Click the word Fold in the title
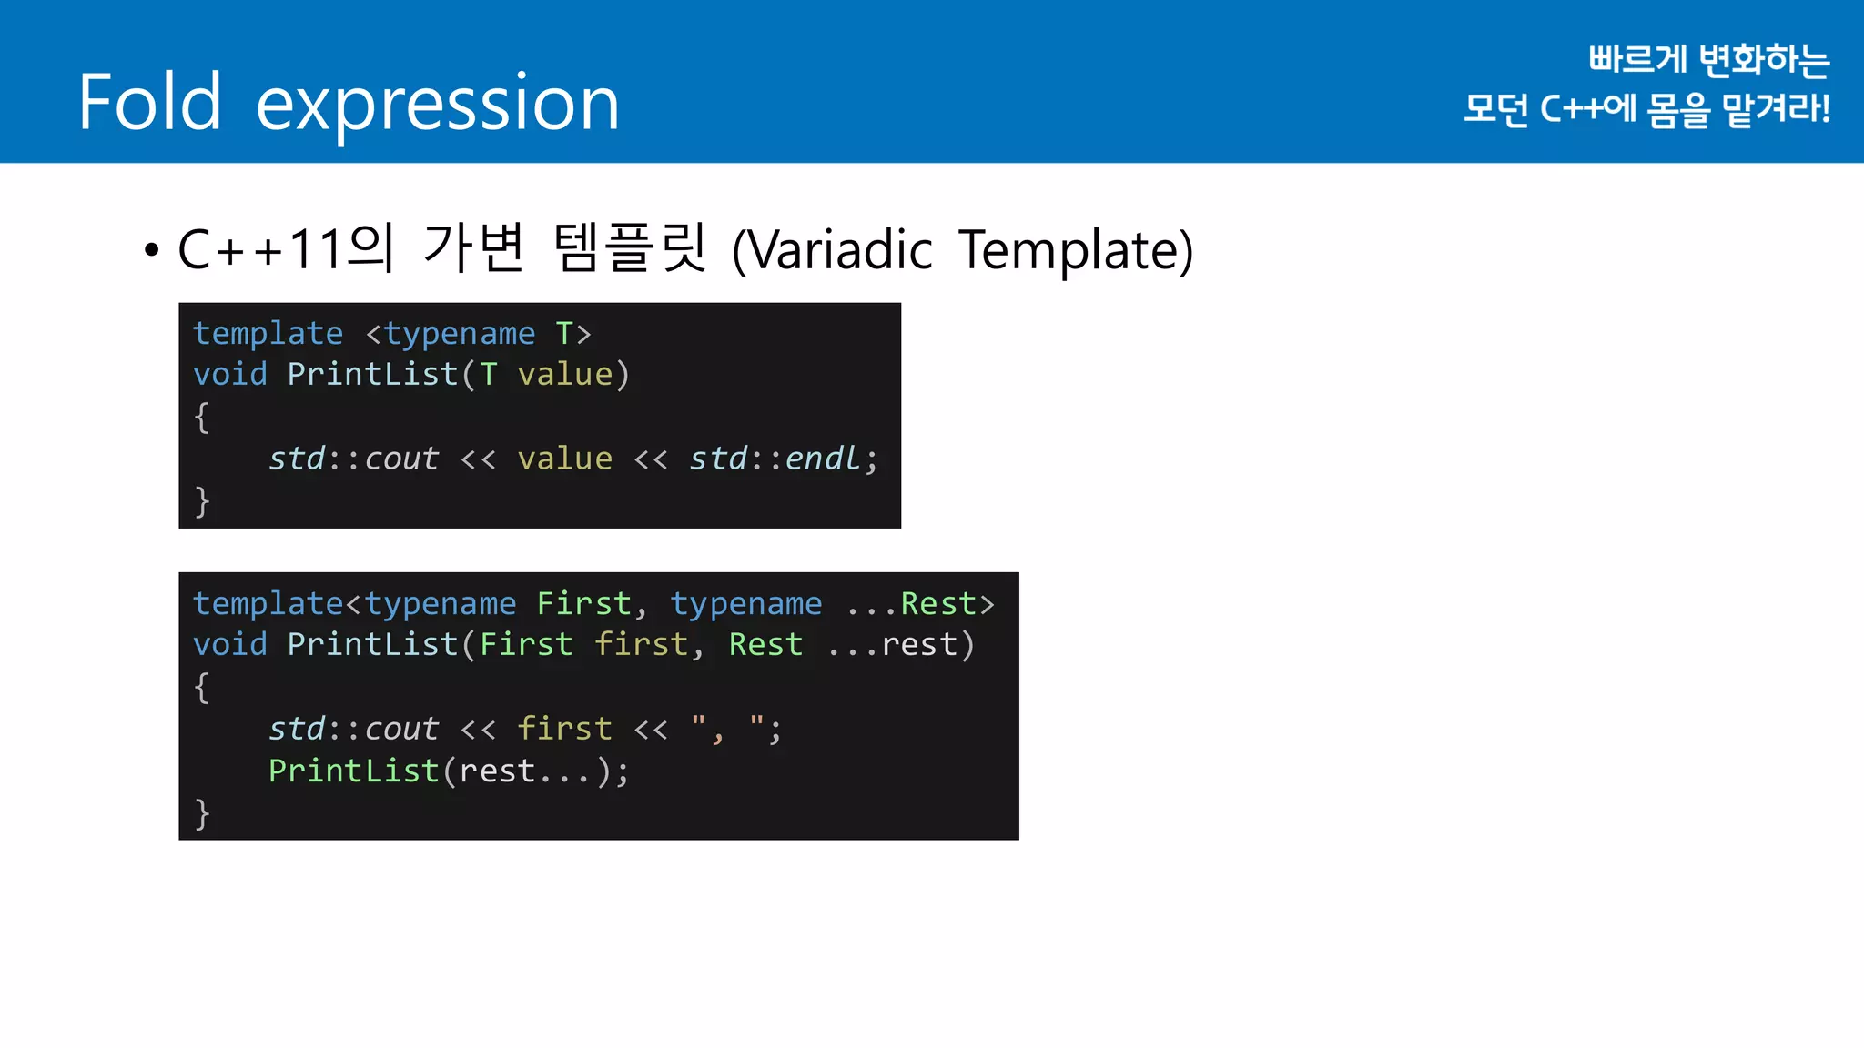(x=150, y=102)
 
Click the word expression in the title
(x=438, y=104)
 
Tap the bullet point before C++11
(x=152, y=249)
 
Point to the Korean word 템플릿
(x=629, y=247)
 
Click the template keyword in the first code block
(x=268, y=333)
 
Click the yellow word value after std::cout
(x=564, y=458)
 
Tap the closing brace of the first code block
(x=202, y=501)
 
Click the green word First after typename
(x=583, y=603)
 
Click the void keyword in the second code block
(x=230, y=644)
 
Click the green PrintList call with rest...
(x=354, y=771)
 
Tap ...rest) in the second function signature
(x=901, y=644)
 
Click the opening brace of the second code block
(x=202, y=687)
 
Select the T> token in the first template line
(x=573, y=333)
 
